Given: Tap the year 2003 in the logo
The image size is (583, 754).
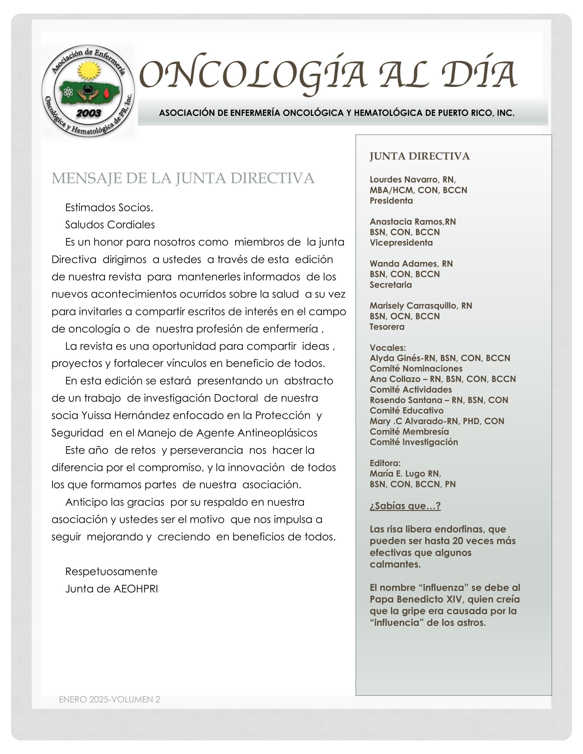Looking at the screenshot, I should coord(88,113).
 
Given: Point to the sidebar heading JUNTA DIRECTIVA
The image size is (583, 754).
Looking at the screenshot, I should coord(419,156).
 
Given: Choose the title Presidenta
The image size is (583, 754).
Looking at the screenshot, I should coord(391,200).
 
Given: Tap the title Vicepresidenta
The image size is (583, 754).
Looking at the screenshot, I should coord(401,243).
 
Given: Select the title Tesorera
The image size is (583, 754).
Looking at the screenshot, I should coord(387,327).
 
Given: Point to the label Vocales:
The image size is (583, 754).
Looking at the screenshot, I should coord(388,348).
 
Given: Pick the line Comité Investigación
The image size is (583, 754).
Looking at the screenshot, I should coord(414,442).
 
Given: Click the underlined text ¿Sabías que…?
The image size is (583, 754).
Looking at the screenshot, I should coord(405,506).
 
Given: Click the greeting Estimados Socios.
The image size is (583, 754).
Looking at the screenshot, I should coord(109,207).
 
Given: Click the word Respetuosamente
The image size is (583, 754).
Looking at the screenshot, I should coord(111,571).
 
